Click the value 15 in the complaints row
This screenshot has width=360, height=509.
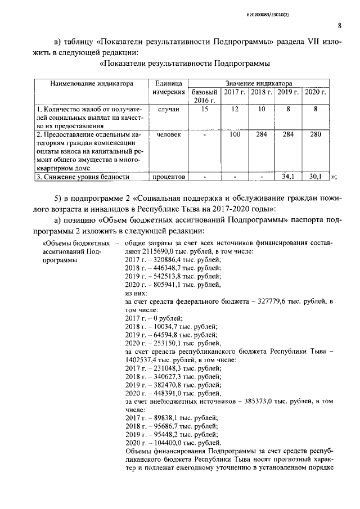pos(205,110)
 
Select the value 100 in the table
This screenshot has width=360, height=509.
pos(235,135)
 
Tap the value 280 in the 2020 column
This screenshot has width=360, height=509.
pos(316,135)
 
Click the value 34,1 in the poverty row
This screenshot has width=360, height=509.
pos(288,177)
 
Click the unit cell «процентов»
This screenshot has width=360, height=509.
pos(169,177)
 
